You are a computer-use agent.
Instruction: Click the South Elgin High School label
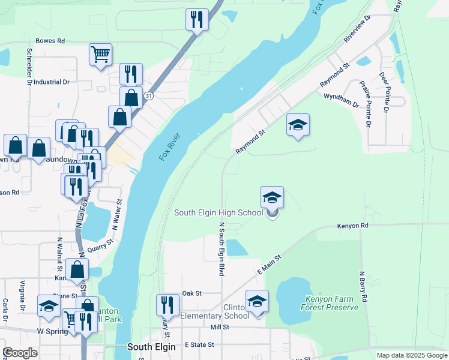218,212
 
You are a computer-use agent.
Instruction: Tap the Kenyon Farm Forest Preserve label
332,303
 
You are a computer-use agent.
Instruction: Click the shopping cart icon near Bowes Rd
101,54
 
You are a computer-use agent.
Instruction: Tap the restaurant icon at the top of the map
197,19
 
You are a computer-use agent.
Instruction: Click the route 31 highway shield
148,96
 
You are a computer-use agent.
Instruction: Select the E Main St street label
269,264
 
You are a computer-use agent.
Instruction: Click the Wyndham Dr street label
341,100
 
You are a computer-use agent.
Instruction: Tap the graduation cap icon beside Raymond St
298,125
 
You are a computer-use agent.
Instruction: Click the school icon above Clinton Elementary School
257,301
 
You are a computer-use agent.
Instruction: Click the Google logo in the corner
20,353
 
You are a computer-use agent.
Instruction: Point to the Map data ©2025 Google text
411,355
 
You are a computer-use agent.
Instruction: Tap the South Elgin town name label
152,347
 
